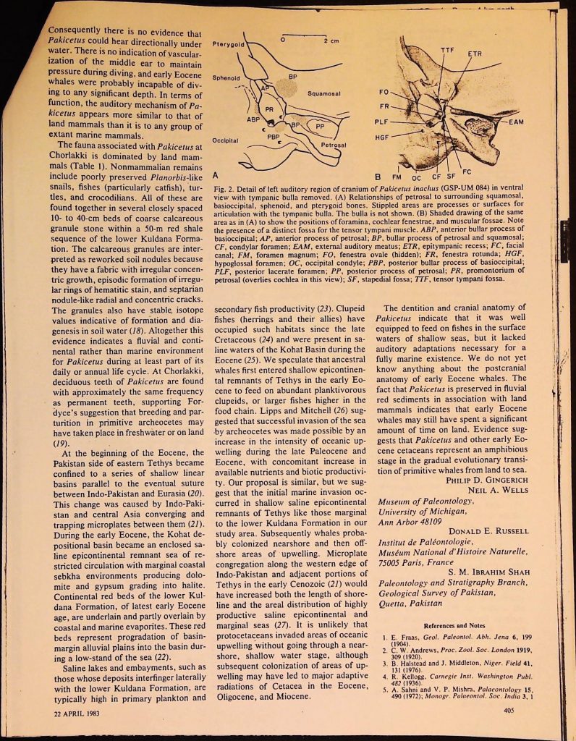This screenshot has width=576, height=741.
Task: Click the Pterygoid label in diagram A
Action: pos(230,44)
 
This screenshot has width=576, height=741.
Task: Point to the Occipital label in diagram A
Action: pos(226,139)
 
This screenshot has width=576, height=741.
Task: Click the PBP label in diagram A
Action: pos(273,136)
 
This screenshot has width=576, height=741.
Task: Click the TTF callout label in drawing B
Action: pos(448,48)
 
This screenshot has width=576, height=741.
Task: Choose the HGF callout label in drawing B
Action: pos(383,137)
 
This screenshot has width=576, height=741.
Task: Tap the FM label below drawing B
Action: pos(397,177)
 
